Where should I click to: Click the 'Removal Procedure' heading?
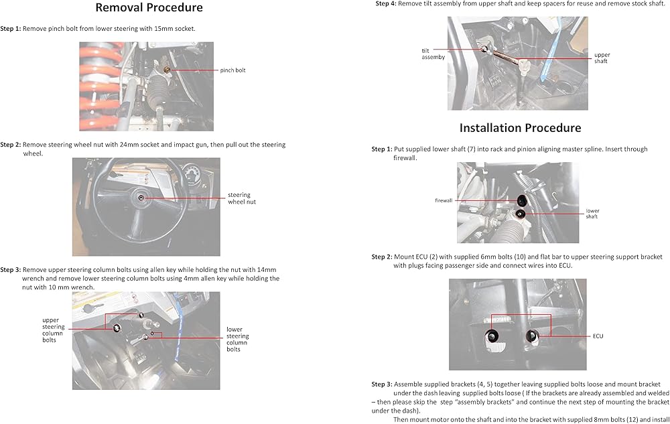pos(149,8)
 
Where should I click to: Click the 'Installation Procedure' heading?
pos(520,128)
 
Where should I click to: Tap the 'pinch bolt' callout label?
pos(233,70)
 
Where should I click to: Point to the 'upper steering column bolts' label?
pos(54,330)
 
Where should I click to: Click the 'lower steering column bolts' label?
pos(237,339)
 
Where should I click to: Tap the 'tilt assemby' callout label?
pos(433,54)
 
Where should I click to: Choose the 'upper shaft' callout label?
pos(601,58)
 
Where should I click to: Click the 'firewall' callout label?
pos(444,200)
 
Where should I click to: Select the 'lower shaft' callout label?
pos(592,214)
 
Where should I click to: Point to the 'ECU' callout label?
pos(598,336)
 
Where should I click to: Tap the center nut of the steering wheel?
pos(143,198)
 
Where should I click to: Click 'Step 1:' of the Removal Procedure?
pos(11,29)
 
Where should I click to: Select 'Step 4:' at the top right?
pos(385,3)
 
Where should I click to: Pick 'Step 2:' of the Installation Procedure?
pos(382,257)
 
